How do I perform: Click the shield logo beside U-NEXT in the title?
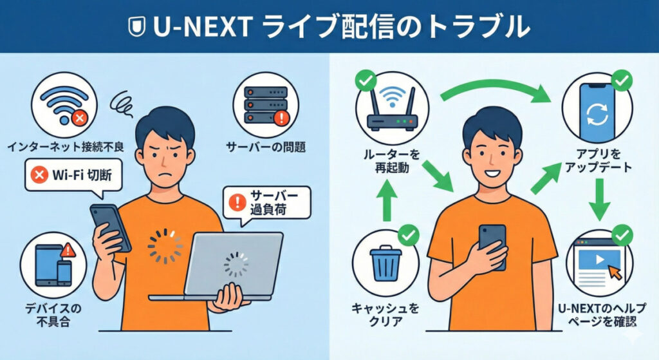point(135,27)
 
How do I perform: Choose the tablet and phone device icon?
point(53,265)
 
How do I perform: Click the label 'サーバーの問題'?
point(265,147)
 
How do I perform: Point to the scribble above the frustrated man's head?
point(122,101)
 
